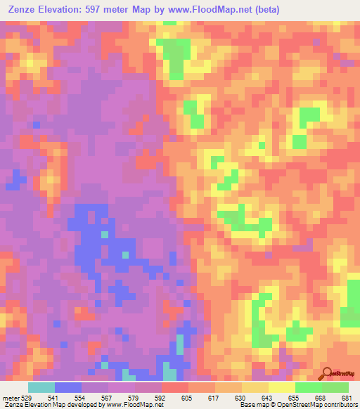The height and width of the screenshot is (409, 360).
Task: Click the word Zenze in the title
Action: pos(22,9)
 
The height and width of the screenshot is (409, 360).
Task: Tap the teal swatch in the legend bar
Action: pos(41,387)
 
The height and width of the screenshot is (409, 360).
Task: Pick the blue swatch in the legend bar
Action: pos(68,387)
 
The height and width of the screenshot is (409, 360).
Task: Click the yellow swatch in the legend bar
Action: pos(282,387)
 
